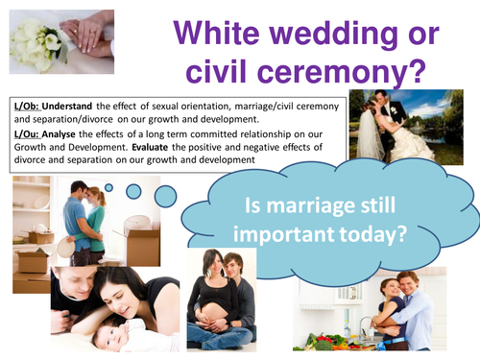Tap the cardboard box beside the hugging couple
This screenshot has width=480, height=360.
(144, 246)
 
